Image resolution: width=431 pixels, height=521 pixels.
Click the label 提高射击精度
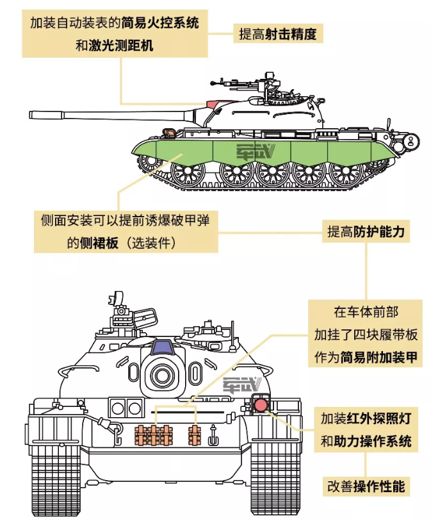[278, 34]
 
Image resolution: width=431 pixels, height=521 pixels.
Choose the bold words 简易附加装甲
[382, 358]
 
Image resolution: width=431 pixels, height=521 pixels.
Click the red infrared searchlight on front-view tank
[261, 405]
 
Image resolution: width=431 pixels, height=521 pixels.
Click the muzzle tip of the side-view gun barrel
[32, 115]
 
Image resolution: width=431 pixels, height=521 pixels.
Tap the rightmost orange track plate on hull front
[195, 435]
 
